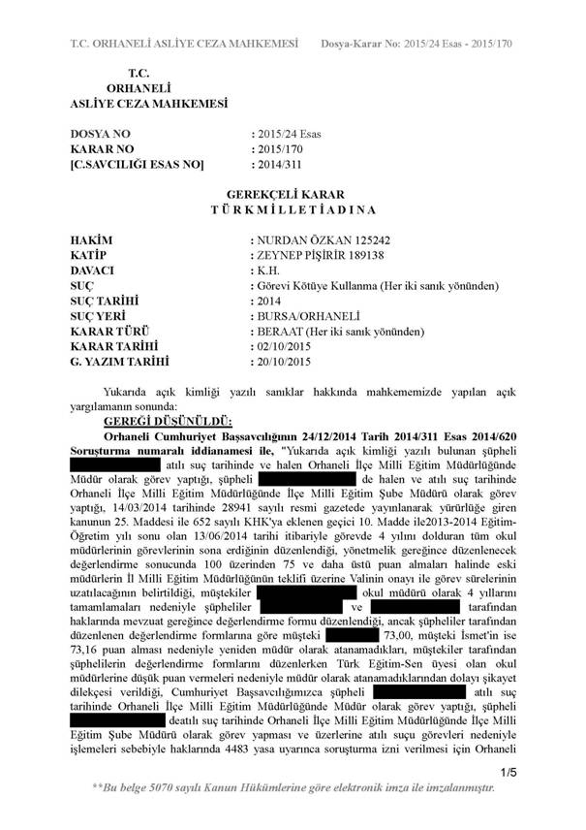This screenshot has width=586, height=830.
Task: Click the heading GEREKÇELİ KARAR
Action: (x=293, y=194)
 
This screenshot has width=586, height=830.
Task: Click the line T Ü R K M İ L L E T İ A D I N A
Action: (x=293, y=209)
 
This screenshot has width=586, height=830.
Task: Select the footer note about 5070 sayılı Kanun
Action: (x=293, y=788)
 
